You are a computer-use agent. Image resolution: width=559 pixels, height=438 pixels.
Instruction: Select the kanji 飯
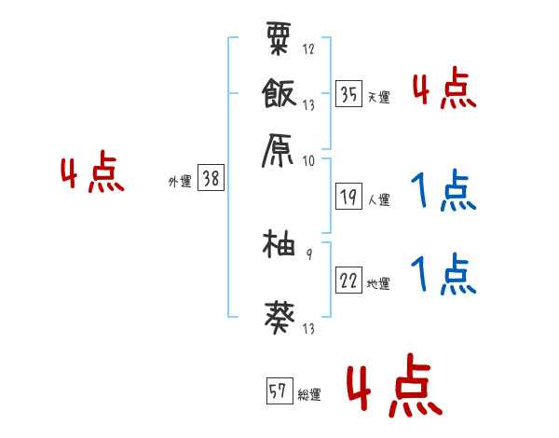point(280,93)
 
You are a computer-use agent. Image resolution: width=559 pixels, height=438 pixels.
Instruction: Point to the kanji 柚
point(280,247)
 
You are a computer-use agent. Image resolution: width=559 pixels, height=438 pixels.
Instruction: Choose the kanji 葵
point(280,318)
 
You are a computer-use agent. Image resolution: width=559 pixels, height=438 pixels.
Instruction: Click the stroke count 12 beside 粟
point(308,48)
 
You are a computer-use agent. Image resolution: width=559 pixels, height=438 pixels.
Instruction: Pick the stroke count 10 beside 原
point(308,160)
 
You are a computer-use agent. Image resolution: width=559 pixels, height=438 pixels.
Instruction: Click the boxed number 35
point(348,93)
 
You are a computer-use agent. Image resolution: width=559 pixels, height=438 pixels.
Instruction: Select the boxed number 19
point(348,197)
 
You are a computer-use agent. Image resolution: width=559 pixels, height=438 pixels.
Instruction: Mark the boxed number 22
point(348,281)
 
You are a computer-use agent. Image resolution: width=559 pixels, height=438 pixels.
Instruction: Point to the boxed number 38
point(211,179)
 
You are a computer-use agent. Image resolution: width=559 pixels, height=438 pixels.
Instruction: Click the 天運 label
point(378,97)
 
